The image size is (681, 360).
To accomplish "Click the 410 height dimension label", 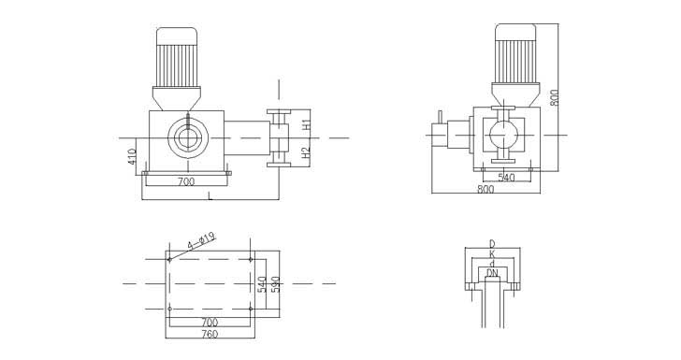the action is tap(132, 156).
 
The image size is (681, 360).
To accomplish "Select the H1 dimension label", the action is tap(306, 124).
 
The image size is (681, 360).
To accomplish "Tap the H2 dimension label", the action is tap(306, 152).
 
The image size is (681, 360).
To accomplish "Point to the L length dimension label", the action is tap(210, 196).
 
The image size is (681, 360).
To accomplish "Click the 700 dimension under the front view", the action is tap(186, 182).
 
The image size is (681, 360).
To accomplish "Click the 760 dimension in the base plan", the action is tap(210, 334).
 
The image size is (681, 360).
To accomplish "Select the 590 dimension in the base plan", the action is tap(275, 284).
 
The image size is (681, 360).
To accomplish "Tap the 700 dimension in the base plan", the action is tap(210, 323).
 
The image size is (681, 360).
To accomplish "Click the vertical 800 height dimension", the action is tap(554, 97).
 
